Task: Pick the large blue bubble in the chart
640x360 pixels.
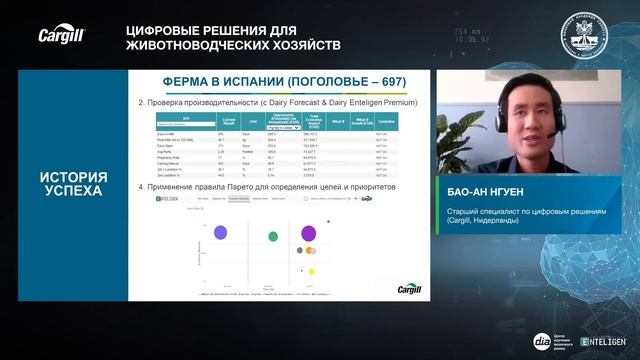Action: [220, 233]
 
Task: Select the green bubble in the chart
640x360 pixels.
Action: [273, 236]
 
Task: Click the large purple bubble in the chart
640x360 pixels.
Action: [309, 234]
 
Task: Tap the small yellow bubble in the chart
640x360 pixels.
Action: [312, 271]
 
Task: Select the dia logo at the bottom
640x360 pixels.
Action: [541, 341]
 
